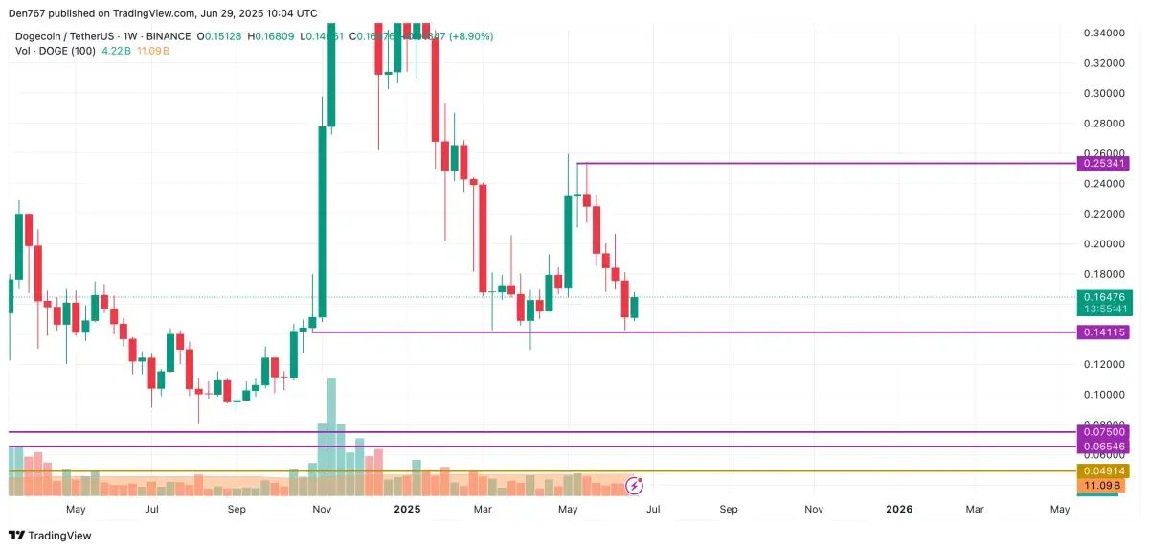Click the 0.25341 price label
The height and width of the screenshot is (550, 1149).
tap(1104, 164)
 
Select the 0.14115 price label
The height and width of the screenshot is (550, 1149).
tap(1104, 332)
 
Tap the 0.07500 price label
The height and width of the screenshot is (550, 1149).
tap(1104, 432)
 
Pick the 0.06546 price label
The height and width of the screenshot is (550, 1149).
tap(1104, 447)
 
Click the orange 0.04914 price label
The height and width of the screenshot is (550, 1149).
tap(1104, 471)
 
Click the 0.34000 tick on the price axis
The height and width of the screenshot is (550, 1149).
tap(1104, 34)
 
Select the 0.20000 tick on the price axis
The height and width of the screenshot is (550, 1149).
tap(1104, 244)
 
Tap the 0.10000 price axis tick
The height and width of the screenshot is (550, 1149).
tap(1104, 395)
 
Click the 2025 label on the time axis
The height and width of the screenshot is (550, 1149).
tap(408, 510)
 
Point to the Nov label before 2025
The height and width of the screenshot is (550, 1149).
tap(323, 510)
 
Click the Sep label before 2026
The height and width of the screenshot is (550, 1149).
tap(729, 510)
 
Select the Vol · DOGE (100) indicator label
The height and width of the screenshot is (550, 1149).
tap(56, 50)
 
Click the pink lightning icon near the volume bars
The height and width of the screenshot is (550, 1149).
tap(633, 485)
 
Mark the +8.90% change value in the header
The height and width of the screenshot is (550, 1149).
tap(471, 36)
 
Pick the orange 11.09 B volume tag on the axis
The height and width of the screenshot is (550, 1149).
tap(1104, 486)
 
